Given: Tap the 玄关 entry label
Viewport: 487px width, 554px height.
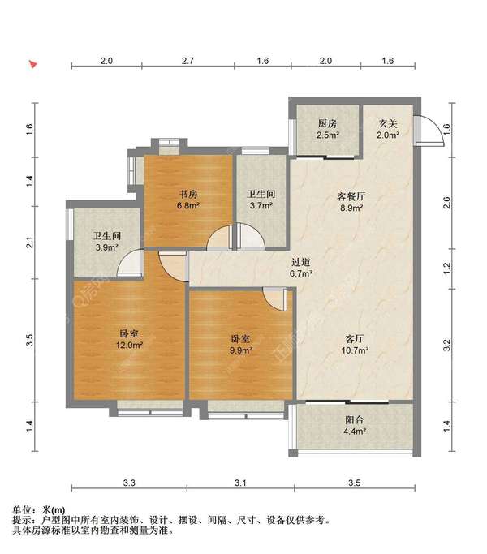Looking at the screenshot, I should click(387, 124).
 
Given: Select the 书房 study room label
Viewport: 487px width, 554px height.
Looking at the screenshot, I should click(189, 194).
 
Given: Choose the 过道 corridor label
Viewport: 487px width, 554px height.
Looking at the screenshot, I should click(301, 262).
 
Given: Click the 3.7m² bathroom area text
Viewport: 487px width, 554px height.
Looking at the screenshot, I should click(261, 206).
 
